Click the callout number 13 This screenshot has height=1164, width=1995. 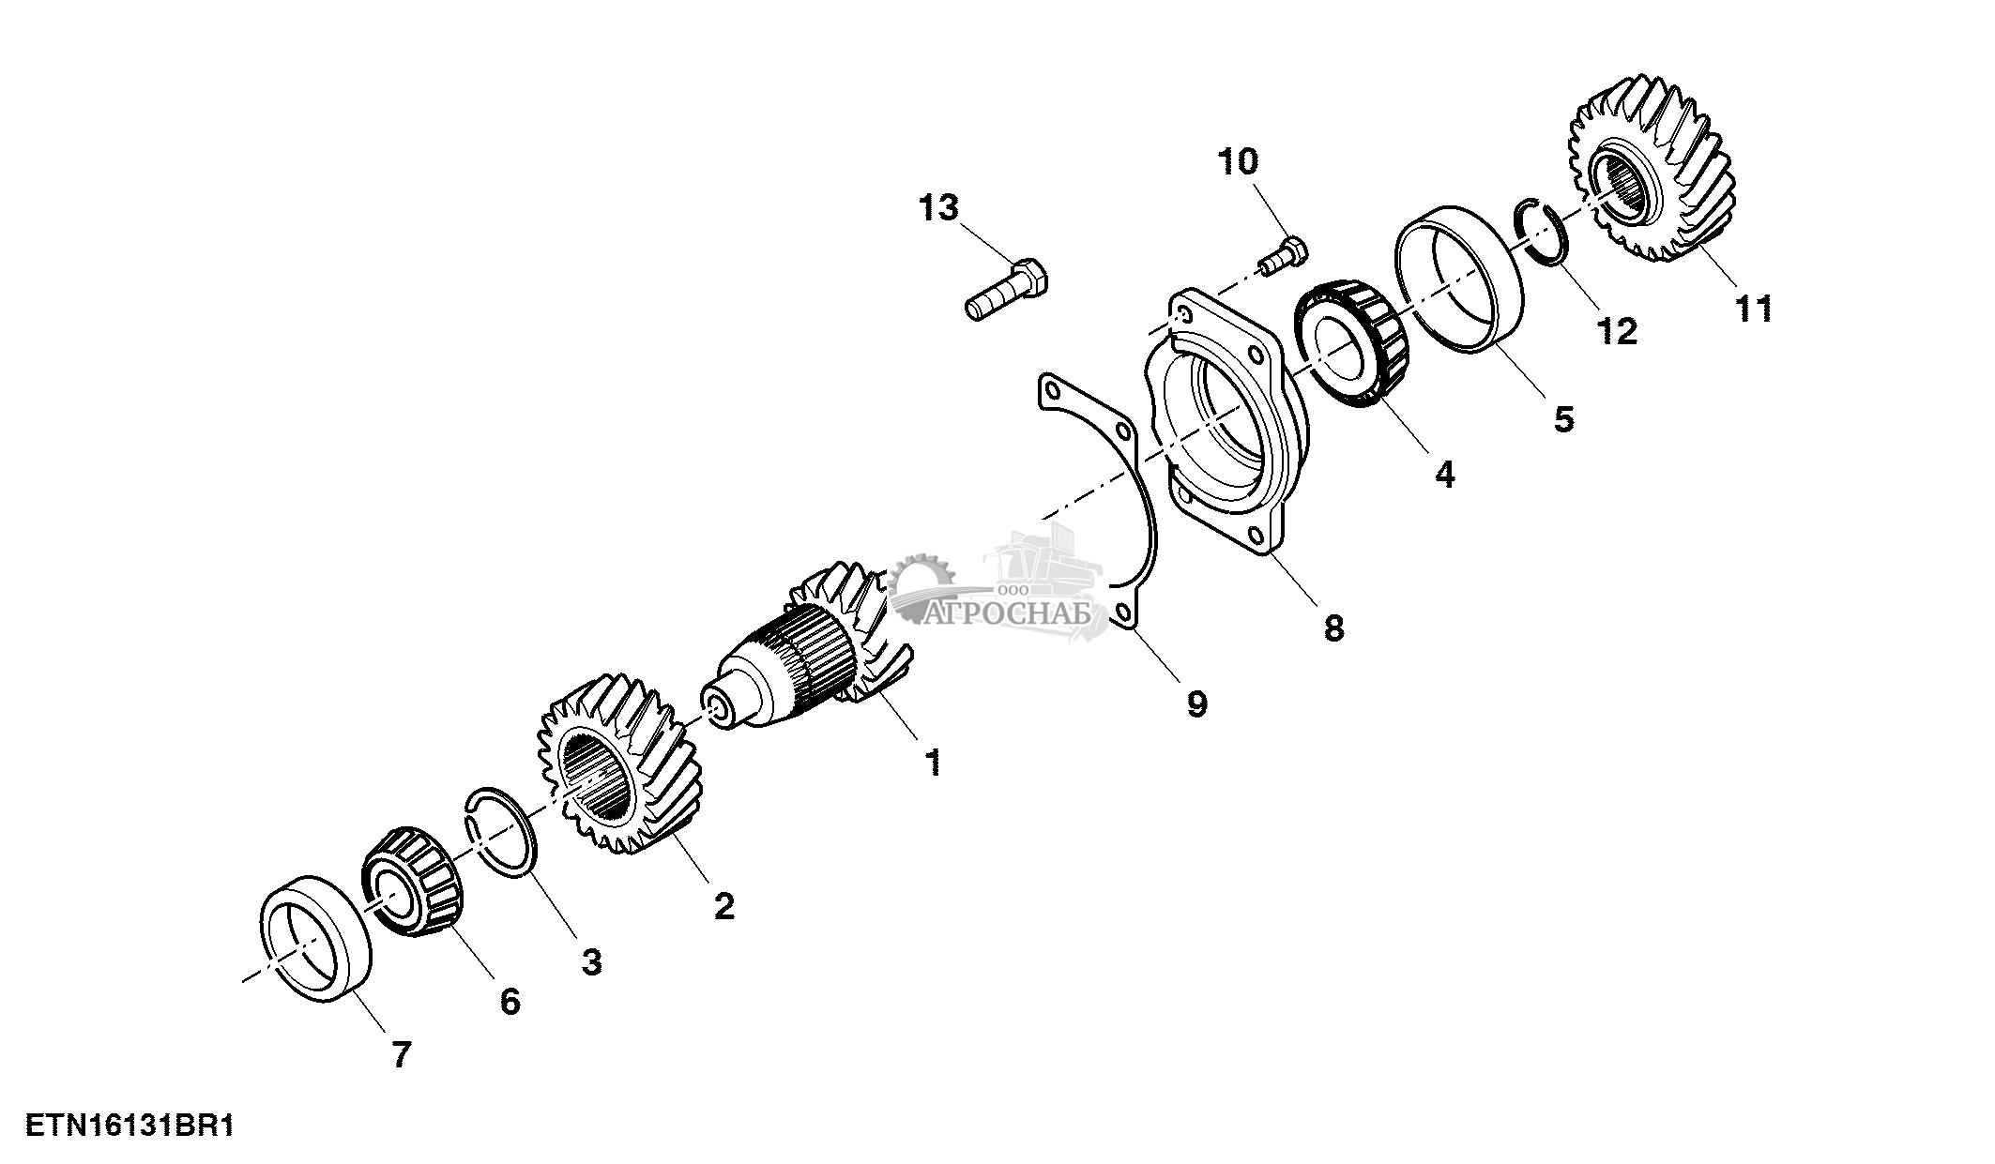[x=939, y=207]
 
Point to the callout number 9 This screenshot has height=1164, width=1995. [x=1196, y=703]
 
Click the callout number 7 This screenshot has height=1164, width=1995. [x=401, y=1055]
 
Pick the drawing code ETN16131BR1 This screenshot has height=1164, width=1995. [x=129, y=1125]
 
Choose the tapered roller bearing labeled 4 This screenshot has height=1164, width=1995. [x=1352, y=346]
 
